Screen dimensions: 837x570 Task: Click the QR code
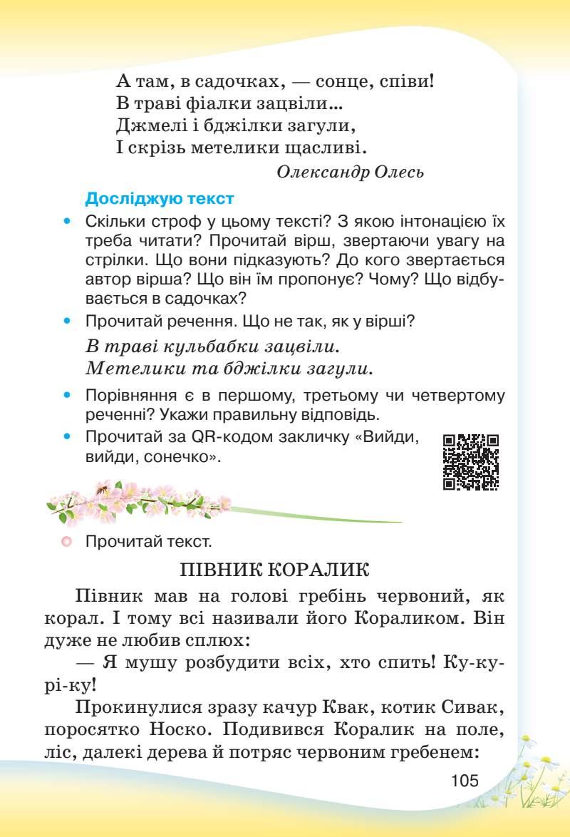click(x=471, y=462)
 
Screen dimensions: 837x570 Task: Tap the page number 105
click(x=465, y=779)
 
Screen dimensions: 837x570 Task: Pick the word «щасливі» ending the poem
click(x=324, y=149)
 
